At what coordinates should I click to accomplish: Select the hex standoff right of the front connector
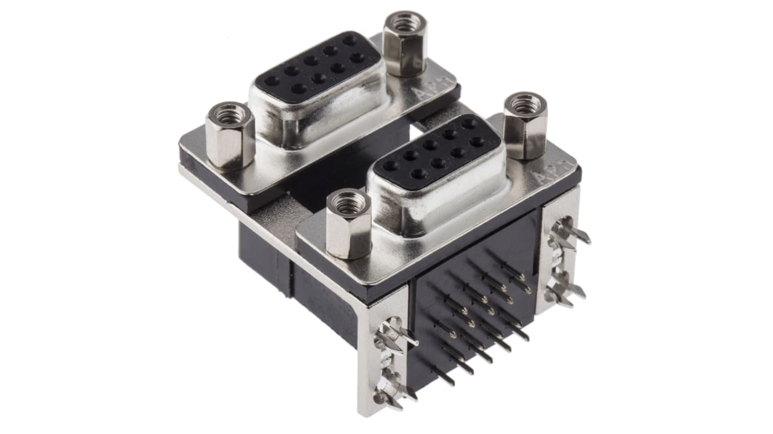pos(525,126)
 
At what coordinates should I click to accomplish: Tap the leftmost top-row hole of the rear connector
pos(271,80)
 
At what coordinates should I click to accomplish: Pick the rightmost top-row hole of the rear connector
pos(349,40)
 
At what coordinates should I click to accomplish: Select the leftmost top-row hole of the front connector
pos(390,166)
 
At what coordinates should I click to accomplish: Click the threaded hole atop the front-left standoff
pos(348,204)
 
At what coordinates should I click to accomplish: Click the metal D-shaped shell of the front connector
pos(435,196)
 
